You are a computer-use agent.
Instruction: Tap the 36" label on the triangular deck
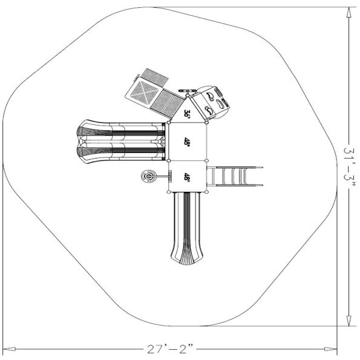click(188, 113)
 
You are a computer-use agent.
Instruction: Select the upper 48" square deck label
click(188, 142)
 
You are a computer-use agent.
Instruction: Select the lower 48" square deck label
click(188, 177)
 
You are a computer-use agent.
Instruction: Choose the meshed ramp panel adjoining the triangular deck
click(166, 102)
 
